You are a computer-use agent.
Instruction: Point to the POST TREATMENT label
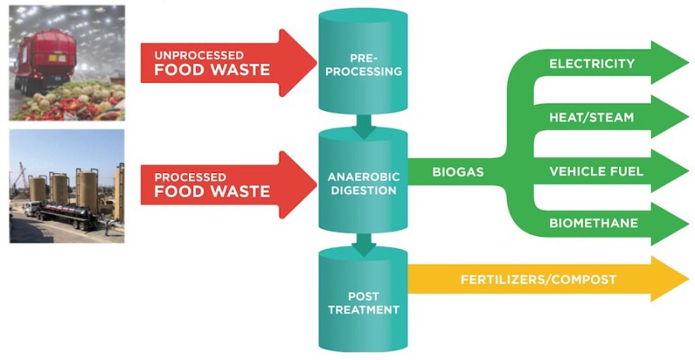(x=363, y=301)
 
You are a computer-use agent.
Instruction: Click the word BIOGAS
(x=458, y=172)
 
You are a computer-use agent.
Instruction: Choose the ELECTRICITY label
(x=592, y=64)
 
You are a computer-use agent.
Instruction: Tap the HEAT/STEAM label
(x=591, y=118)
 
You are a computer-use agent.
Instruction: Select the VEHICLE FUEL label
(x=596, y=171)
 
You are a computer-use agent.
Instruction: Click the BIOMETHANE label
(x=593, y=223)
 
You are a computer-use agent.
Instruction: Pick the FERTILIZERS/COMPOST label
(x=538, y=280)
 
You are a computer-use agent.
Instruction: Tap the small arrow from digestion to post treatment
(x=363, y=243)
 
